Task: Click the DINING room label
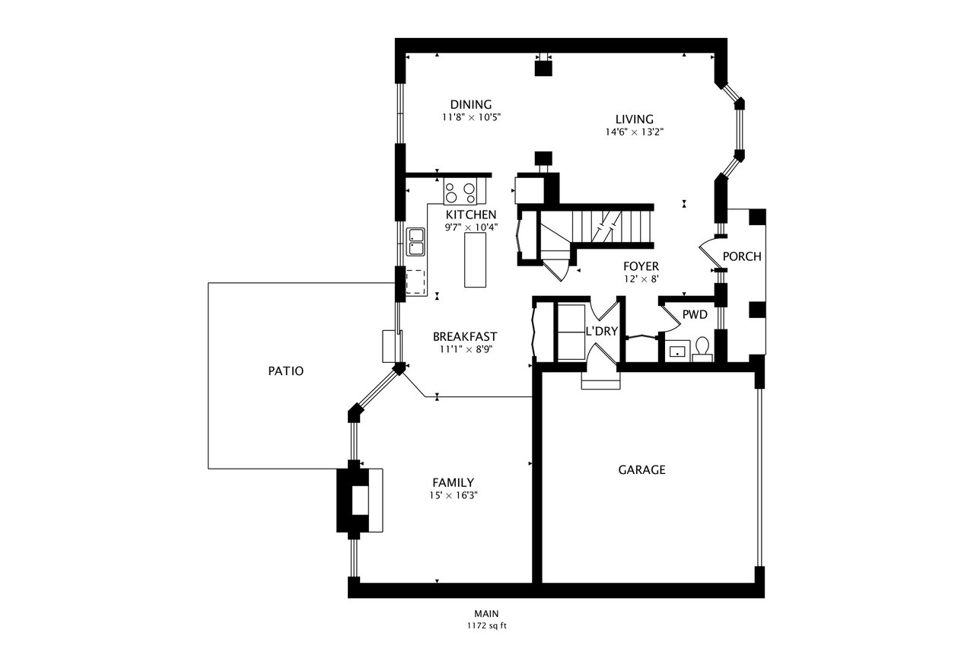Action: click(471, 104)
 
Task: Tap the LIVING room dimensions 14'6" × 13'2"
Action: click(635, 132)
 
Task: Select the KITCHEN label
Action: click(471, 215)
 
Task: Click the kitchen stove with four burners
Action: click(460, 191)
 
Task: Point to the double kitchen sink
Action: click(415, 242)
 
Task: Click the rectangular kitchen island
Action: click(476, 260)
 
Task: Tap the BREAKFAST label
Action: click(465, 336)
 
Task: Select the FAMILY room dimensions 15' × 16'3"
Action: click(453, 495)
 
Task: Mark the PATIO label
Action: click(285, 371)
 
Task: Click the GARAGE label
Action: click(641, 470)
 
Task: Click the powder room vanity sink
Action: click(677, 352)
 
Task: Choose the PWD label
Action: click(695, 315)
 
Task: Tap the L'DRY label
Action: click(602, 331)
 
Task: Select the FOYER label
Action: click(641, 266)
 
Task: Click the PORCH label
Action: click(742, 256)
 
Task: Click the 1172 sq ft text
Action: click(486, 626)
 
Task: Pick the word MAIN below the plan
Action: click(486, 614)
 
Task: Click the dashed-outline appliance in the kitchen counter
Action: click(415, 282)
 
